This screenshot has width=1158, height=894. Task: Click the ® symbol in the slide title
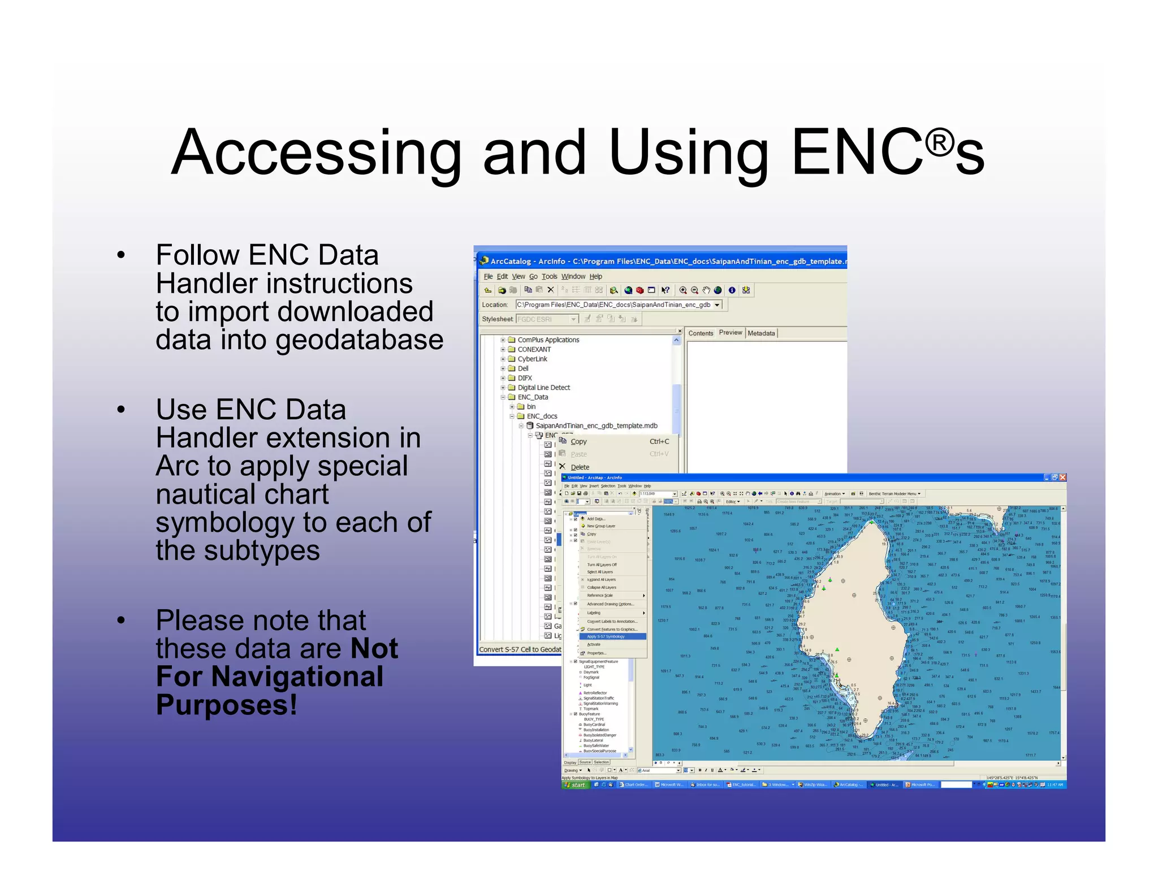pyautogui.click(x=939, y=143)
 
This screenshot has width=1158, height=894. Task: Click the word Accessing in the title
pyautogui.click(x=317, y=153)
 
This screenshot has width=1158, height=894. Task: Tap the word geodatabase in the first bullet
pyautogui.click(x=359, y=340)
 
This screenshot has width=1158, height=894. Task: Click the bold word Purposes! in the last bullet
pyautogui.click(x=226, y=705)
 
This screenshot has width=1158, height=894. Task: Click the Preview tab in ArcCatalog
pyautogui.click(x=730, y=332)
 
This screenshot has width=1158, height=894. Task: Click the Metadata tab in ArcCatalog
pyautogui.click(x=761, y=333)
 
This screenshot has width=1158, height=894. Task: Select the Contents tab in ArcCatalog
pyautogui.click(x=701, y=333)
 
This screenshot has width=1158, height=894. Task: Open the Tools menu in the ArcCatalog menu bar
pyautogui.click(x=549, y=276)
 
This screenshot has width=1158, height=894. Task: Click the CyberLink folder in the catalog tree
pyautogui.click(x=532, y=359)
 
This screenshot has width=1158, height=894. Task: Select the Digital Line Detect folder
pyautogui.click(x=543, y=388)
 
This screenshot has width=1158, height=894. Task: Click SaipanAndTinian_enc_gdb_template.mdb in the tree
pyautogui.click(x=596, y=426)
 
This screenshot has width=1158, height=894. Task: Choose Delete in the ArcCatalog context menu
pyautogui.click(x=580, y=467)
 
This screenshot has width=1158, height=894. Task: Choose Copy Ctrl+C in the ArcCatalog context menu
pyautogui.click(x=578, y=441)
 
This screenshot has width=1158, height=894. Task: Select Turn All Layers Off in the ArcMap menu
pyautogui.click(x=602, y=565)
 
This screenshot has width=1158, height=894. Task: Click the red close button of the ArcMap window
pyautogui.click(x=1062, y=478)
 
